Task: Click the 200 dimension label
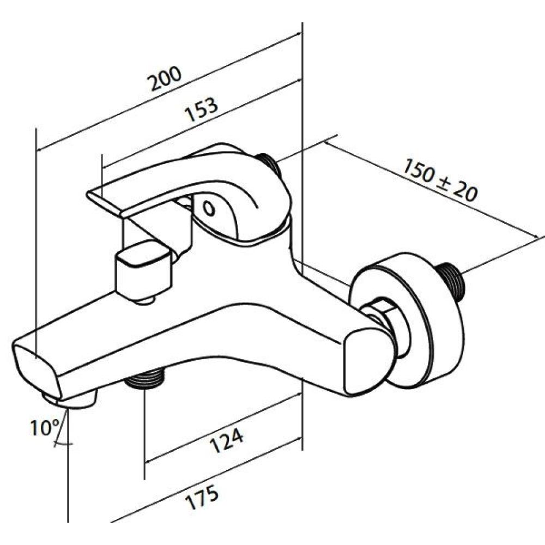point(165,78)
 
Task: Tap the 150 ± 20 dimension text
point(440,180)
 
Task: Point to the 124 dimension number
point(227,440)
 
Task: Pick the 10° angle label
point(46,427)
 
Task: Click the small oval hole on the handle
point(209,209)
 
